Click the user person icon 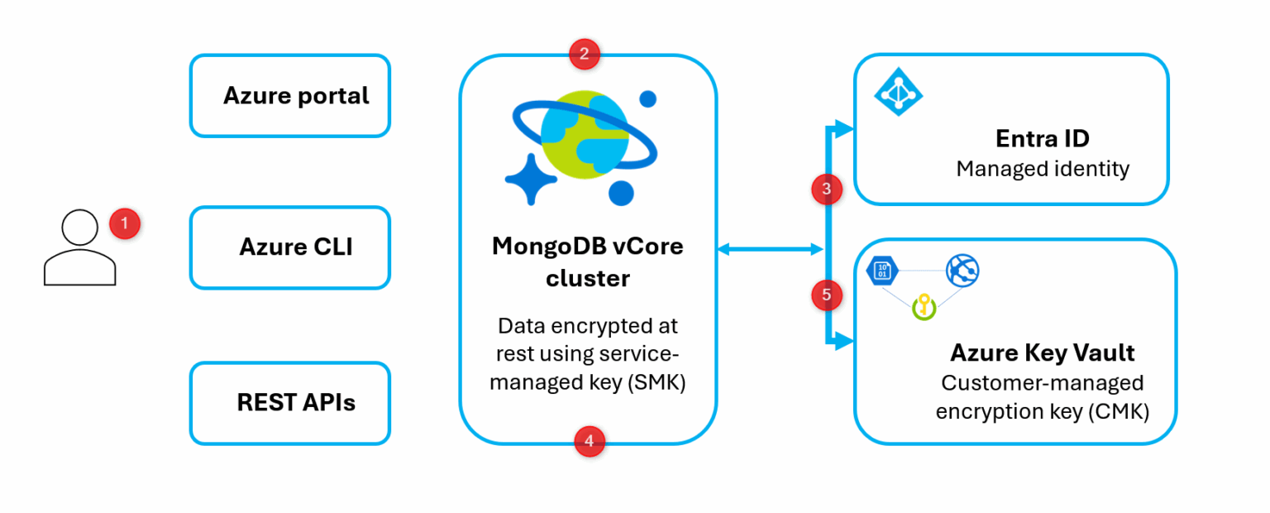[79, 247]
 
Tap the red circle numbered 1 [125, 223]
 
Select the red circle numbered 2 [585, 55]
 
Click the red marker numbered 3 [827, 190]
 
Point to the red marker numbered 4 [589, 442]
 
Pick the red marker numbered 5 [827, 294]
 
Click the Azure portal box [289, 96]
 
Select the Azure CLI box [289, 247]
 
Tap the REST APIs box [289, 403]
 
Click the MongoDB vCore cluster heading [588, 262]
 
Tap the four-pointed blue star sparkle [528, 178]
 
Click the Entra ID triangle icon [899, 91]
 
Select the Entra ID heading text [1043, 138]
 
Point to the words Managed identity [1043, 169]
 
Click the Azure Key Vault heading [1042, 352]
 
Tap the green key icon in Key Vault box [923, 309]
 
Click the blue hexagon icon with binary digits [882, 271]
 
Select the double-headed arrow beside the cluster [770, 248]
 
